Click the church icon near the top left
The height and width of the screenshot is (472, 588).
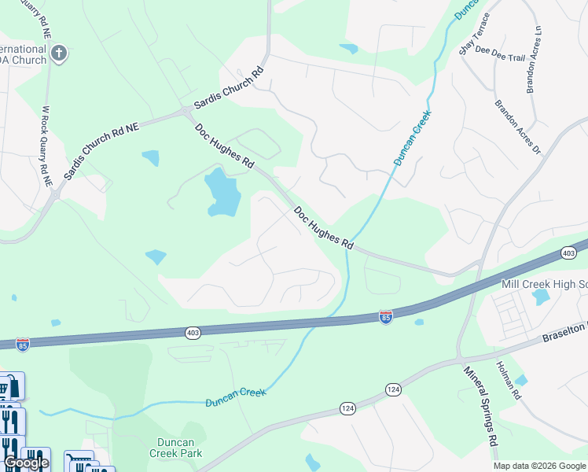(x=58, y=54)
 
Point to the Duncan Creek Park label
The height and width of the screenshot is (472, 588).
(x=176, y=448)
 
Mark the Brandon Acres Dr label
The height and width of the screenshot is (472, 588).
(x=518, y=126)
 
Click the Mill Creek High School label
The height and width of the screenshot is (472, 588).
(x=544, y=283)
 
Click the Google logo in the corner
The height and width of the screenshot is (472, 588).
(x=26, y=463)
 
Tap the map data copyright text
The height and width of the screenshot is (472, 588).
(x=539, y=466)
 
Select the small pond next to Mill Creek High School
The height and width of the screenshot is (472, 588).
(x=540, y=297)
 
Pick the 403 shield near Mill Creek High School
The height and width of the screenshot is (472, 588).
(x=568, y=253)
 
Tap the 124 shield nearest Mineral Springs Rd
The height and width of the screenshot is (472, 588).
(x=393, y=389)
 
